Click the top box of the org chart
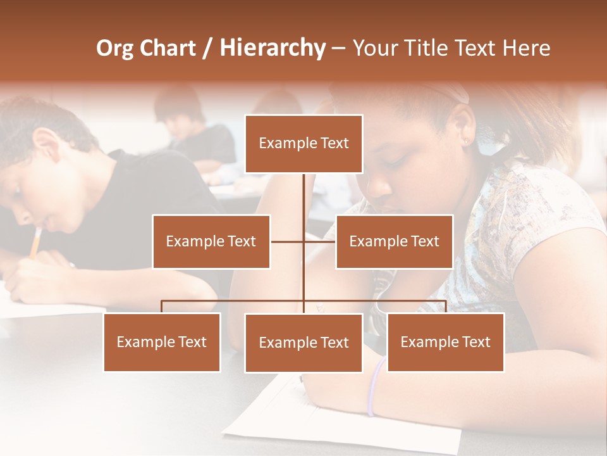click(303, 144)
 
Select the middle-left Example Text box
click(211, 241)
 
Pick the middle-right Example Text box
click(394, 241)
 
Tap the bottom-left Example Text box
click(162, 342)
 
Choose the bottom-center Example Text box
click(303, 343)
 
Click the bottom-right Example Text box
click(445, 342)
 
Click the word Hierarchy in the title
click(273, 48)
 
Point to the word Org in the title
click(114, 48)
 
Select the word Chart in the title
click(166, 48)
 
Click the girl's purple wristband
click(375, 386)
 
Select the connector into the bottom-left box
click(162, 307)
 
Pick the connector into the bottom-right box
click(445, 307)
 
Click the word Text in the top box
click(333, 144)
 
